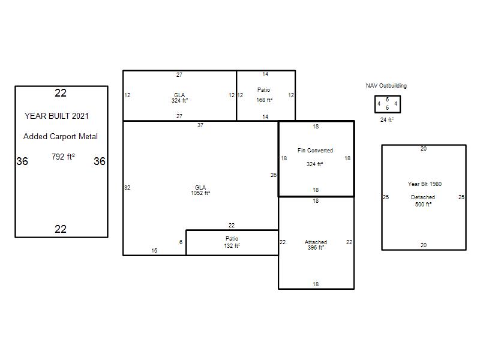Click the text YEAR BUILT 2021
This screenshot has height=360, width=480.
click(x=56, y=116)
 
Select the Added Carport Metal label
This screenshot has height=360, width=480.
click(x=61, y=137)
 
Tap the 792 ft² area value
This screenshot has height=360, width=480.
click(x=64, y=157)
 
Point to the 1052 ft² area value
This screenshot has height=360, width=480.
click(x=200, y=193)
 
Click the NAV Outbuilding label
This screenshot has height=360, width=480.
click(x=386, y=86)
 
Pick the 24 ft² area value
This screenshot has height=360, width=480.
click(x=387, y=119)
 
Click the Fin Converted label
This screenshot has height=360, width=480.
click(x=315, y=151)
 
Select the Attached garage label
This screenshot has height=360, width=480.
click(x=316, y=242)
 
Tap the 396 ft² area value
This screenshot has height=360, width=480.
click(x=316, y=247)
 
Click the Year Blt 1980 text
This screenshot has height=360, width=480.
click(x=425, y=184)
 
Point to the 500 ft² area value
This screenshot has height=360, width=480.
click(x=424, y=204)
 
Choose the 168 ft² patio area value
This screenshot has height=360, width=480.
click(x=265, y=100)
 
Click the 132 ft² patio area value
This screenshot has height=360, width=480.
click(x=232, y=245)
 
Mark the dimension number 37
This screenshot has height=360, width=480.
click(x=200, y=125)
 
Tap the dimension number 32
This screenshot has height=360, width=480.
click(x=127, y=188)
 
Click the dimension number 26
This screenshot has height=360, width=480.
click(x=274, y=175)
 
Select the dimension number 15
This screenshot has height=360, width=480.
click(x=154, y=251)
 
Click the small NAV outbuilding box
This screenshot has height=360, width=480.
click(x=375, y=104)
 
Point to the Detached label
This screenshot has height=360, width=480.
click(x=423, y=197)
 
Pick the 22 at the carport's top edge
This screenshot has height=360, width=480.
click(x=61, y=93)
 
